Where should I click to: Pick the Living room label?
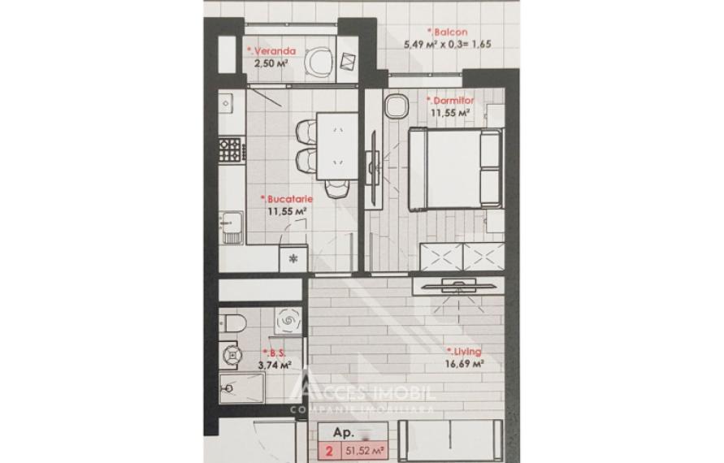tap(465, 352)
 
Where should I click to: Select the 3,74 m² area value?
tap(275, 366)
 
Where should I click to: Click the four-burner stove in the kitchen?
tap(231, 149)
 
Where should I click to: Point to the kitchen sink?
tap(231, 223)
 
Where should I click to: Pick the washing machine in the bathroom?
tap(287, 322)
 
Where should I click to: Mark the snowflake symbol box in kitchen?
tap(293, 259)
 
